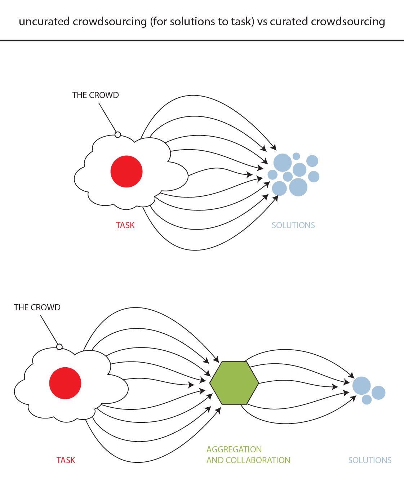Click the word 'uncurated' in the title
coord(44,22)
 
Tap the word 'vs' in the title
coord(262,22)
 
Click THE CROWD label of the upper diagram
coord(96,95)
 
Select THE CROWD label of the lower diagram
coord(37,307)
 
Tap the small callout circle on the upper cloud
coord(117,135)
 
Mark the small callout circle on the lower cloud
coord(59,347)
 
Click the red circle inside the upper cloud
coord(126,172)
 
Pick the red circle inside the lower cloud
coord(65,383)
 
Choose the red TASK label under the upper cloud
coord(125,225)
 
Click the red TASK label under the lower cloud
coord(66,460)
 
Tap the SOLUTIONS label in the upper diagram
coord(293,225)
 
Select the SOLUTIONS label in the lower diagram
coord(370,460)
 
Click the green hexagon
coord(234,383)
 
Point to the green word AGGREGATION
coord(234,449)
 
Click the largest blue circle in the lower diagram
coord(361,386)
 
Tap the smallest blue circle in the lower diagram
coord(367,399)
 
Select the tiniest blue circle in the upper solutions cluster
coord(296,156)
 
